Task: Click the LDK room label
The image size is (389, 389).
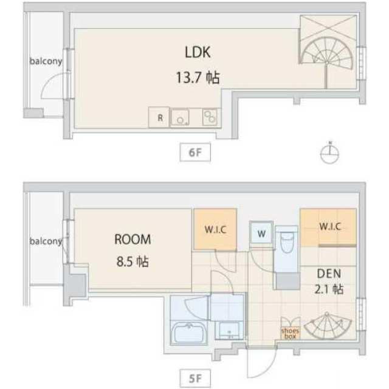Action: coord(198,52)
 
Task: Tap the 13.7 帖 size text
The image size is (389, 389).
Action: coord(198,77)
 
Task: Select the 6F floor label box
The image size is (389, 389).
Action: coord(195,152)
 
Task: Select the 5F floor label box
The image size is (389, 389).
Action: coord(195,379)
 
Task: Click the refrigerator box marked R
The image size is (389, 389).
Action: coord(159,117)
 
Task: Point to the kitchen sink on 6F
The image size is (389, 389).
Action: coord(180,117)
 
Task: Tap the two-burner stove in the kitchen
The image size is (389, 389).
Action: coord(210,117)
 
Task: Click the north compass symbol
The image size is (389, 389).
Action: coord(329,153)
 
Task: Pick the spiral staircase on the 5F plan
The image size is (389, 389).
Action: coord(328,326)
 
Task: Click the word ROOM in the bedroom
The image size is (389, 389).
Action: coord(133,239)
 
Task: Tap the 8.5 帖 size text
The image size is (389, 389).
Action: coord(133,262)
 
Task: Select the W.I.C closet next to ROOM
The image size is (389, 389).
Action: coord(215,229)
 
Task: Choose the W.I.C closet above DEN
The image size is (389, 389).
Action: coord(328,227)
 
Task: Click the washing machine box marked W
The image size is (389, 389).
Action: coord(261,233)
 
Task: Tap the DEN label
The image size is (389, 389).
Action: coord(329,274)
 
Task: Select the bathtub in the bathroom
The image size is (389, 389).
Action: coord(189,332)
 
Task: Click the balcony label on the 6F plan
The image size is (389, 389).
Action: coord(46,61)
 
